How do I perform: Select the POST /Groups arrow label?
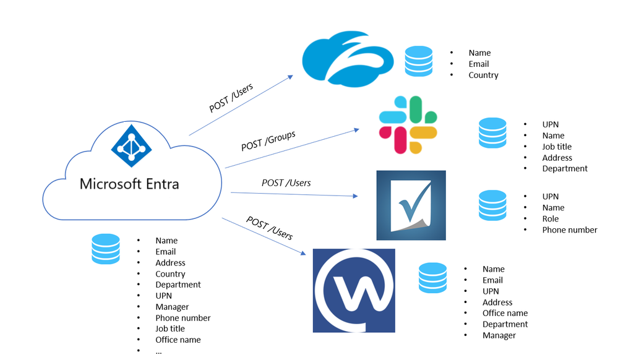[268, 140]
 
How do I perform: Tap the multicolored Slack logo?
[408, 124]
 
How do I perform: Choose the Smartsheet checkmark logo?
[411, 205]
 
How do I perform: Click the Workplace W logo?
[354, 290]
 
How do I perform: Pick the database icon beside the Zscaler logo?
[419, 61]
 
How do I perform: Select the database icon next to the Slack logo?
[492, 133]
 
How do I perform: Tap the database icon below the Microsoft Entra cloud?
[105, 249]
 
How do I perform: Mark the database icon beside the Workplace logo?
[432, 278]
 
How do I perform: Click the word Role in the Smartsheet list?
[550, 219]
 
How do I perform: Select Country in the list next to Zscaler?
[483, 75]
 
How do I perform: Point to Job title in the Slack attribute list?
[557, 147]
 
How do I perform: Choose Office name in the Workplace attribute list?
[505, 313]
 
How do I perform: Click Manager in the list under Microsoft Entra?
[172, 307]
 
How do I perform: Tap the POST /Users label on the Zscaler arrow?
[231, 98]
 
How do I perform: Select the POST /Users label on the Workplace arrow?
[269, 228]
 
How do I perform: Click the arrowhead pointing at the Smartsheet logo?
[355, 196]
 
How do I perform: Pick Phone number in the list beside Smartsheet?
[569, 230]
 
